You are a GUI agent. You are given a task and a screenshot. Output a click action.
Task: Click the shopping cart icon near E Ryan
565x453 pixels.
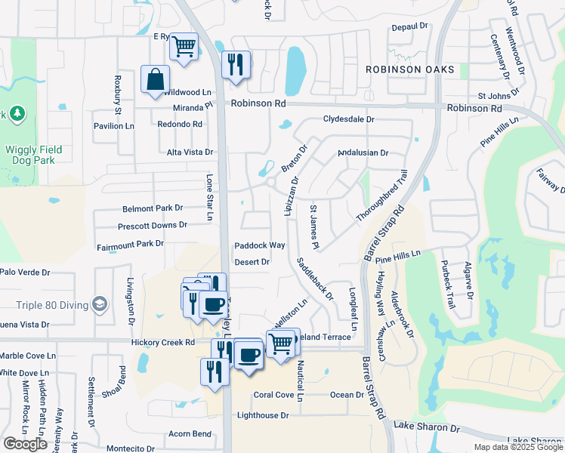pos(184,47)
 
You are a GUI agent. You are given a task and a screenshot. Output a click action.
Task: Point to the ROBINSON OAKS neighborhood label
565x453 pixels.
pos(410,69)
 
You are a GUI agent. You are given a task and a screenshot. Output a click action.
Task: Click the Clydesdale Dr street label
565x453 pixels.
pos(349,119)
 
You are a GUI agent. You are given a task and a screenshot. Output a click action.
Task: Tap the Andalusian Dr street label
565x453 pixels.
pos(363,153)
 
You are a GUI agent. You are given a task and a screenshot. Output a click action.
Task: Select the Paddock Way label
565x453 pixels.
pos(259,245)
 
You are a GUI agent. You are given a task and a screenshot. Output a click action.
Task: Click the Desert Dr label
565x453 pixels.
pos(252,262)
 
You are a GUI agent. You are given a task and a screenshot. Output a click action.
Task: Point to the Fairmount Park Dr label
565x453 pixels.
pos(130,244)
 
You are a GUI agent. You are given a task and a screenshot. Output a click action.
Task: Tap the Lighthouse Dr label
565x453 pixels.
pos(263,415)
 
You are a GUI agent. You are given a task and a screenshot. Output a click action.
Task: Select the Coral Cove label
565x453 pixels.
pos(273,395)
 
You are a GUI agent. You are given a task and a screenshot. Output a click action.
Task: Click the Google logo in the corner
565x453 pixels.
pos(25,444)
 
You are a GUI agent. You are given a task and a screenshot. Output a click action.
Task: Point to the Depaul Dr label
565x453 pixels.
pos(409,27)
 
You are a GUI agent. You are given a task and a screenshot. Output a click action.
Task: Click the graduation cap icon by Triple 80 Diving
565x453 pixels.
pos(98,304)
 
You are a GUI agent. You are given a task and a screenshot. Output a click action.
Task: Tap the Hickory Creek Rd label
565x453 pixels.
pos(163,342)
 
